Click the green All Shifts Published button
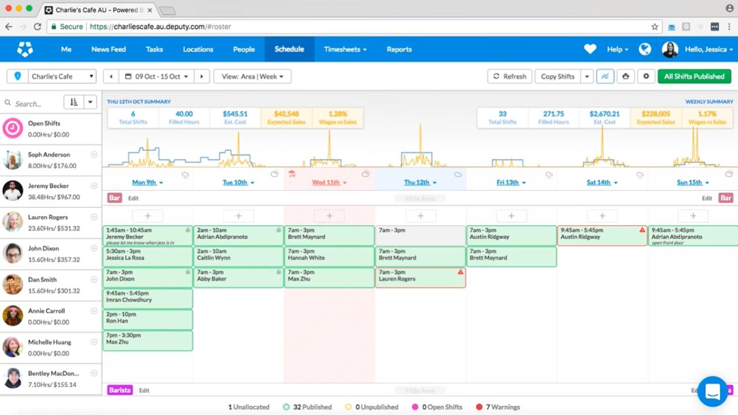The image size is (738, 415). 694,76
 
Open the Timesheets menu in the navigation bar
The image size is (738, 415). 345,50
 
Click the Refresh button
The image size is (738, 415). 510,76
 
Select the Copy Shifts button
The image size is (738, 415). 557,76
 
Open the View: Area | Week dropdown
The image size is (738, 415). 252,76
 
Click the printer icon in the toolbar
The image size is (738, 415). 626,76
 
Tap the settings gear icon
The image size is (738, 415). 646,76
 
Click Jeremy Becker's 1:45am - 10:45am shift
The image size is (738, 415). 148,236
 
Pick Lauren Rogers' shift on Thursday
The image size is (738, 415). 420,278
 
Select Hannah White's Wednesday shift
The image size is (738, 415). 329,256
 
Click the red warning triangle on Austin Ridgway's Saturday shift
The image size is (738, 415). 642,230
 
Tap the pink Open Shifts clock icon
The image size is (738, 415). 13,129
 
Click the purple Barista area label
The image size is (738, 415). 120,390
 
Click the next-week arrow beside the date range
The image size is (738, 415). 201,76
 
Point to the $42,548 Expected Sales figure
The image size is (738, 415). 286,114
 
